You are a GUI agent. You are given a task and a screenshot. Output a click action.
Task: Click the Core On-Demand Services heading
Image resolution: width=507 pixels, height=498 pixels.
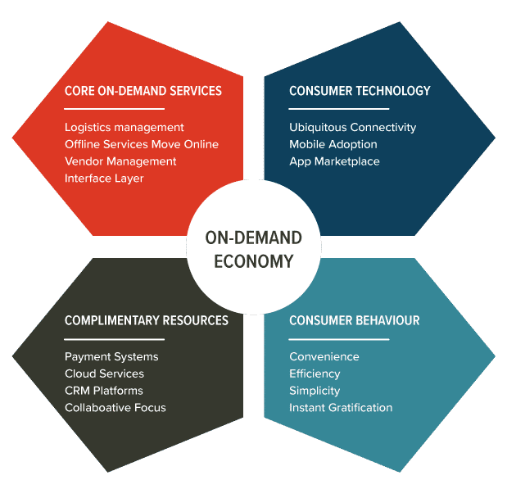143,90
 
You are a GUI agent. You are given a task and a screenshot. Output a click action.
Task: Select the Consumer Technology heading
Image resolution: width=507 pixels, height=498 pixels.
360,90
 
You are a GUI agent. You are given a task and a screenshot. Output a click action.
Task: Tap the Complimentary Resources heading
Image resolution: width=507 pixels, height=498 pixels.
146,320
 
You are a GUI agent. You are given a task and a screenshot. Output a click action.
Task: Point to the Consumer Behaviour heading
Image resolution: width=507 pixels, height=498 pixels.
354,320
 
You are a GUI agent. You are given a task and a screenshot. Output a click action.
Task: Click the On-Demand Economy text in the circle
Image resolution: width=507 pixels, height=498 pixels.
253,250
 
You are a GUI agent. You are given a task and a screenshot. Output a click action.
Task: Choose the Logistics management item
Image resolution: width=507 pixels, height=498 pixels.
124,127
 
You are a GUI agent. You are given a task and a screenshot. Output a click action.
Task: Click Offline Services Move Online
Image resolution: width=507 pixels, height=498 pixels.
142,144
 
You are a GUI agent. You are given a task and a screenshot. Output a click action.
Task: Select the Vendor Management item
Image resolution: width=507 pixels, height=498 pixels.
120,161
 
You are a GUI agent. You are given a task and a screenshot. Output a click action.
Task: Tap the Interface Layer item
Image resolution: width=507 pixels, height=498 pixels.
104,179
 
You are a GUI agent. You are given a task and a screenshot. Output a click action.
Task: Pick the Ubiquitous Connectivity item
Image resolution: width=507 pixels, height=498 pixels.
352,127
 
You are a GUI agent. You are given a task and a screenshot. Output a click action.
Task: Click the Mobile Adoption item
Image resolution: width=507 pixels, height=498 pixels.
333,144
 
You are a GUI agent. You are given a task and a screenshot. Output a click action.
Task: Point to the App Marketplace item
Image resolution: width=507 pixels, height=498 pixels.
334,161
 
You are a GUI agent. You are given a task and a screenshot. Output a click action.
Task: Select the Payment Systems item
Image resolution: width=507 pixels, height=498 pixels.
111,356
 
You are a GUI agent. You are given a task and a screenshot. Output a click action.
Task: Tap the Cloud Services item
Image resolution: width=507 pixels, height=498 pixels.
104,373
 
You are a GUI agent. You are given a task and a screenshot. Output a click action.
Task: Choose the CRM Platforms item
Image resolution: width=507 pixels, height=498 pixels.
104,391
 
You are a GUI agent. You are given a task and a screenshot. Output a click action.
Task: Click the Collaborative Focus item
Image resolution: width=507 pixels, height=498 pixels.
115,408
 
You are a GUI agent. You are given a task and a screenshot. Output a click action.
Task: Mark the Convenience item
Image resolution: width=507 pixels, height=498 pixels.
324,356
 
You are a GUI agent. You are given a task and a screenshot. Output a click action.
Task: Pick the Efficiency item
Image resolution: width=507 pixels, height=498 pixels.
315,373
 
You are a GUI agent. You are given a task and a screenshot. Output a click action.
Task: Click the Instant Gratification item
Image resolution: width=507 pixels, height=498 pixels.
341,408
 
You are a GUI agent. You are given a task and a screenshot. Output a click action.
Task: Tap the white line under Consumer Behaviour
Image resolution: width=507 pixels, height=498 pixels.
338,339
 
